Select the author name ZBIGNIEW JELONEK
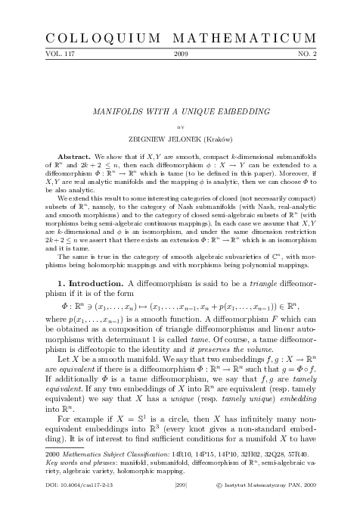pos(163,140)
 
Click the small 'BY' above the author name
pos(180,129)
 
